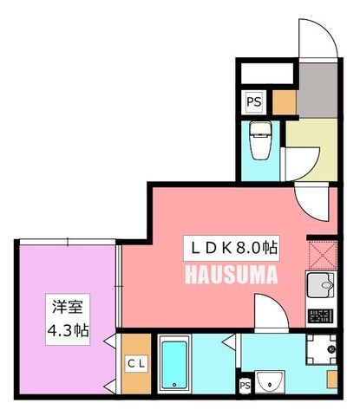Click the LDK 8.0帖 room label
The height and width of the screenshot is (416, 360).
[x=232, y=248]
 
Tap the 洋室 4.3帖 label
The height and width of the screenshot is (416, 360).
[x=68, y=319]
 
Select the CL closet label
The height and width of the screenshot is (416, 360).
[x=136, y=364]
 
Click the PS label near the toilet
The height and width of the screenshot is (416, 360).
[x=254, y=102]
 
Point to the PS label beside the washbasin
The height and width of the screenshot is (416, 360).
[x=245, y=386]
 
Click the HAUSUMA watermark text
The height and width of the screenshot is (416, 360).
[x=232, y=275]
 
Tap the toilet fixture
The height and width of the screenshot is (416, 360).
[x=261, y=140]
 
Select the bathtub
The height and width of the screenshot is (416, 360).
[x=174, y=365]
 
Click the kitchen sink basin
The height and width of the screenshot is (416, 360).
[x=320, y=285]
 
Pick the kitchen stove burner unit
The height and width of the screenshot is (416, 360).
[x=320, y=315]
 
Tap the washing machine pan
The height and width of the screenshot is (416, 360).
[x=321, y=349]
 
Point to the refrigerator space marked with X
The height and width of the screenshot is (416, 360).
[x=323, y=255]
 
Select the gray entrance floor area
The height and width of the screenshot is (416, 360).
[x=318, y=90]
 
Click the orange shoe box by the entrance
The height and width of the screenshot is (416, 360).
[x=285, y=102]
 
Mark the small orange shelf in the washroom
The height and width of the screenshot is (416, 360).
[x=332, y=380]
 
